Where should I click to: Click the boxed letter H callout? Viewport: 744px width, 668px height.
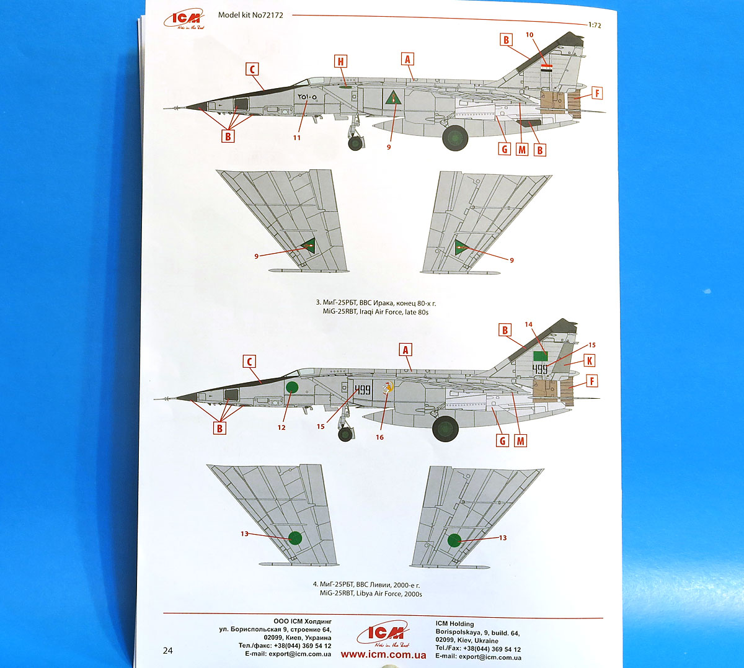340,61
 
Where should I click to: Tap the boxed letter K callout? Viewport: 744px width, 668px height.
589,361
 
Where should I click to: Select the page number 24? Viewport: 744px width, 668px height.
168,651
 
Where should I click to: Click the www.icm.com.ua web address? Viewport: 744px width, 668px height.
383,655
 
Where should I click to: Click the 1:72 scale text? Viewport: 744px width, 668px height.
595,25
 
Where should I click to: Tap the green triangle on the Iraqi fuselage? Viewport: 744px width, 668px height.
391,98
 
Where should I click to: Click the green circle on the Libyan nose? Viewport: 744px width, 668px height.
292,388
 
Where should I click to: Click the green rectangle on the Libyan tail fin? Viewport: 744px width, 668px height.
540,356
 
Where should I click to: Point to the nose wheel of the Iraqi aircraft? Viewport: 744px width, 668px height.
355,143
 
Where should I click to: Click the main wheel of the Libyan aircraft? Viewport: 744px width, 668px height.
445,428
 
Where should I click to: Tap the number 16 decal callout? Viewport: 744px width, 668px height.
379,437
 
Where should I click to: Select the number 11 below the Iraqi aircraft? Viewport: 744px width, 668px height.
297,138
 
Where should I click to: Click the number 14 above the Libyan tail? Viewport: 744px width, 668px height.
528,324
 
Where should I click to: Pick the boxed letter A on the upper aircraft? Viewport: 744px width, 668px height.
407,59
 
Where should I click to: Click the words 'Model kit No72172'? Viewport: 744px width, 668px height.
250,15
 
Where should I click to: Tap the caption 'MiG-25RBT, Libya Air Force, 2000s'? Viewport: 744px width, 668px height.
371,594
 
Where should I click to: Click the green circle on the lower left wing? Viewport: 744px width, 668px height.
295,537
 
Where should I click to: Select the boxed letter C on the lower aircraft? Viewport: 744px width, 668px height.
249,362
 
